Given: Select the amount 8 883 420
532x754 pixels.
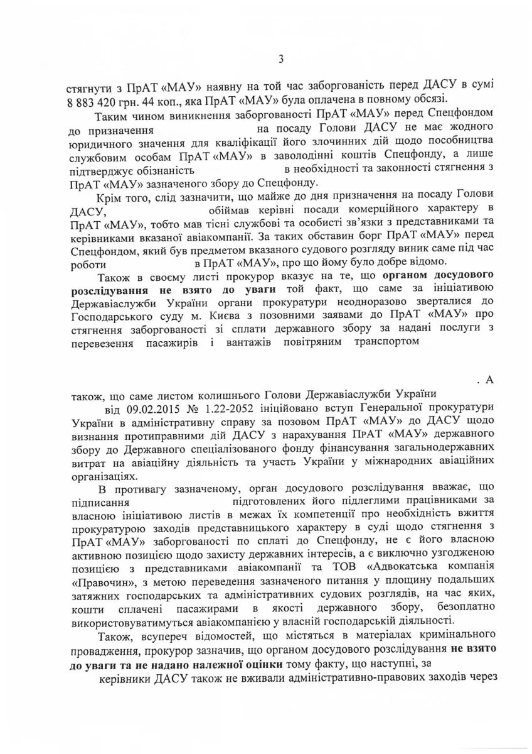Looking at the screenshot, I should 98,100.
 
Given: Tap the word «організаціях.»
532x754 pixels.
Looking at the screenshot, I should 101,476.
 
